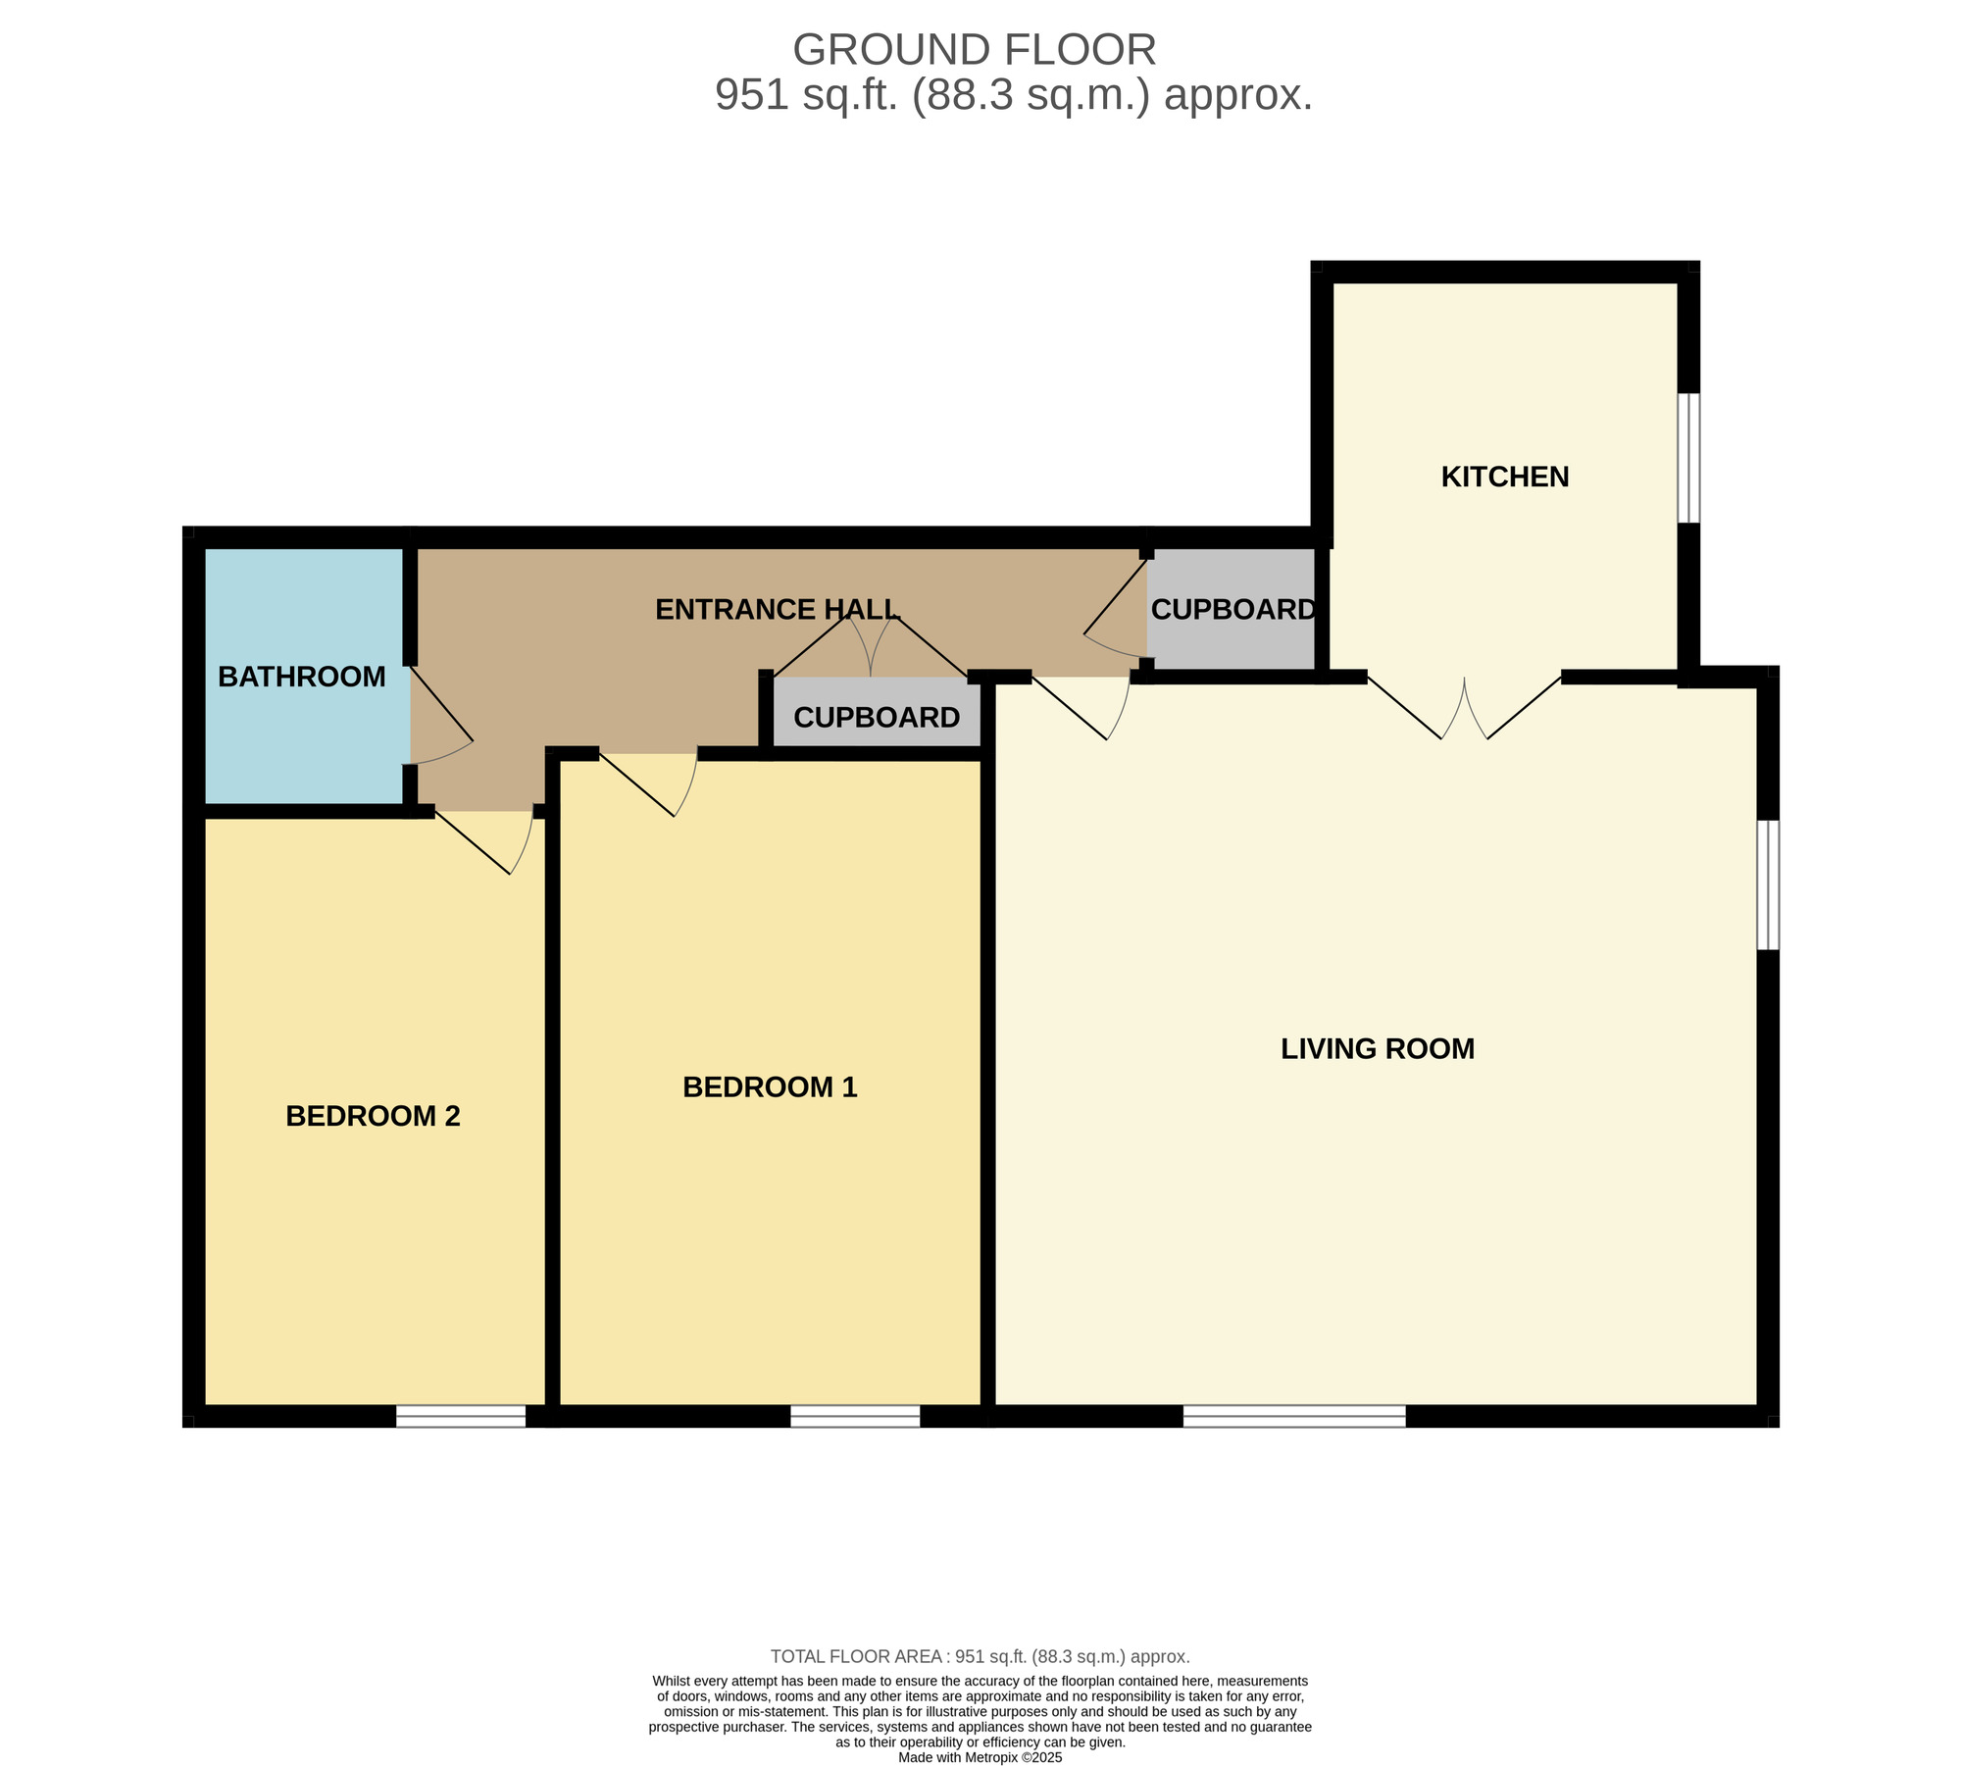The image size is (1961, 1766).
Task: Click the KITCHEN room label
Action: tap(1505, 477)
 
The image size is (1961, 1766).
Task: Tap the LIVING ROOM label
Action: tap(1378, 1049)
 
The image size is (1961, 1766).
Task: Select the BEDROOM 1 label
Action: tap(770, 1087)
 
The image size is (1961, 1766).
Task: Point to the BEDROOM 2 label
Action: tap(373, 1116)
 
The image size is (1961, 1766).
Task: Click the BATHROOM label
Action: tap(302, 677)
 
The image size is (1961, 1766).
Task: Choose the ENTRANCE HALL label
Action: tap(777, 610)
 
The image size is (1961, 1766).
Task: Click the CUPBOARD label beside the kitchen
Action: tap(1232, 610)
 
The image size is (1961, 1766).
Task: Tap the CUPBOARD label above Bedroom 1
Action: tap(877, 718)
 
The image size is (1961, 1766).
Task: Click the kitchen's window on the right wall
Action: tap(1688, 458)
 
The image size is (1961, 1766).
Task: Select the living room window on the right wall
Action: tap(1768, 884)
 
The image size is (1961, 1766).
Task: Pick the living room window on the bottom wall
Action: tap(1294, 1416)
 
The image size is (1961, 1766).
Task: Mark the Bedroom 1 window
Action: tap(855, 1416)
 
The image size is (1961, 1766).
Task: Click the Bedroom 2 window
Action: tap(461, 1416)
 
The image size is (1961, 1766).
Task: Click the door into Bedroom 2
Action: tap(483, 841)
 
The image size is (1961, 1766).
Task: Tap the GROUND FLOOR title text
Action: tap(974, 50)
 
